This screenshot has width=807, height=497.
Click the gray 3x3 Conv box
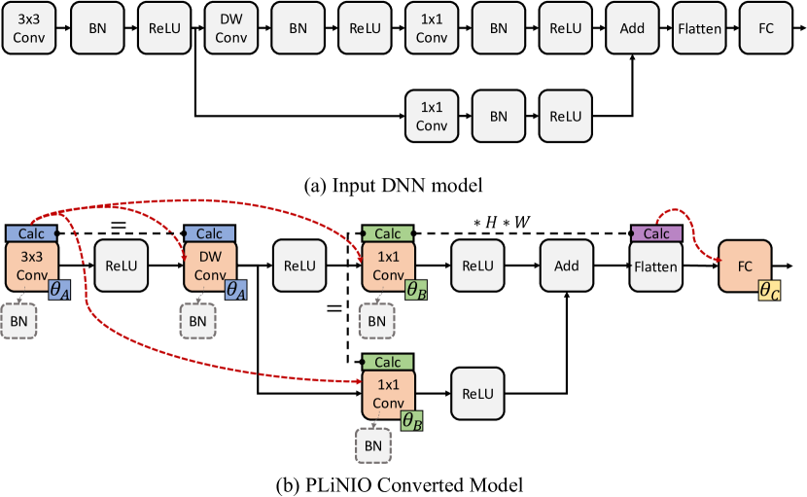pos(29,28)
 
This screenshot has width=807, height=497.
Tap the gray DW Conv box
pos(230,28)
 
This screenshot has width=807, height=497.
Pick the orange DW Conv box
pos(209,266)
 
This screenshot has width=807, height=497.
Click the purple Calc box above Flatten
pos(655,233)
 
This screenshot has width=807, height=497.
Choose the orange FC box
pos(745,265)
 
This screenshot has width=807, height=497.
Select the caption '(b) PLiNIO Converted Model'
pos(403,483)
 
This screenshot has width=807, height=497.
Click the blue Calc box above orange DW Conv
pos(209,233)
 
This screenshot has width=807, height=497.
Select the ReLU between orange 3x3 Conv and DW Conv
pos(120,266)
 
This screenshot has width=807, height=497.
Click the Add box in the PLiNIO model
pos(566,266)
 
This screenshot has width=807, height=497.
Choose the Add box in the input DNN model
pos(632,28)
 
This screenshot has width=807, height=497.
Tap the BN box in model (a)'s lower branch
pos(499,117)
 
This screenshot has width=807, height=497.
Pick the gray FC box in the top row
pos(766,28)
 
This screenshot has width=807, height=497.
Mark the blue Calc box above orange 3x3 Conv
pos(31,233)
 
